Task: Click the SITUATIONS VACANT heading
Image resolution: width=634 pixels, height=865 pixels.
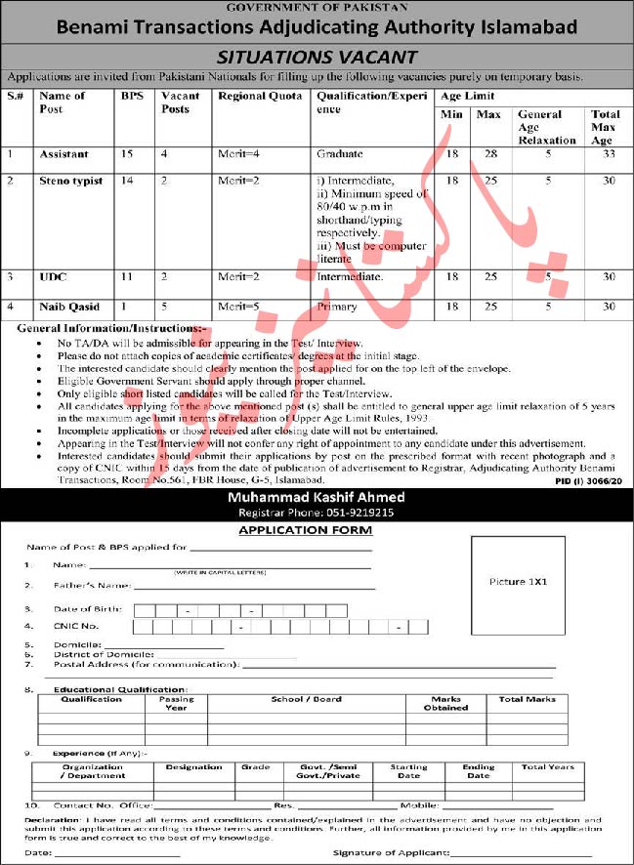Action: coord(317,58)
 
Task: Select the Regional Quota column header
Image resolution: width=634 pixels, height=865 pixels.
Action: coord(260,96)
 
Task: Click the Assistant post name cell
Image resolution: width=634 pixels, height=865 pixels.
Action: coord(63,154)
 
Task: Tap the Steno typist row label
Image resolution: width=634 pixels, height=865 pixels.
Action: coord(70,181)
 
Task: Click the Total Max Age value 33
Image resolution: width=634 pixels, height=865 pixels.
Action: coord(608,154)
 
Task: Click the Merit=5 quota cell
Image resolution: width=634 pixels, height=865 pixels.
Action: coord(237,307)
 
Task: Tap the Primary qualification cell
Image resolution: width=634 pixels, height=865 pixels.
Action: coord(336,307)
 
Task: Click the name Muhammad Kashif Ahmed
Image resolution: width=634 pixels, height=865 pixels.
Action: coord(316,498)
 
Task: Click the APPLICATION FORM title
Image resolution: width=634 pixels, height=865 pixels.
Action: coord(305,530)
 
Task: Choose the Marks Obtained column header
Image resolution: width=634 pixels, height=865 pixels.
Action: coord(445,703)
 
